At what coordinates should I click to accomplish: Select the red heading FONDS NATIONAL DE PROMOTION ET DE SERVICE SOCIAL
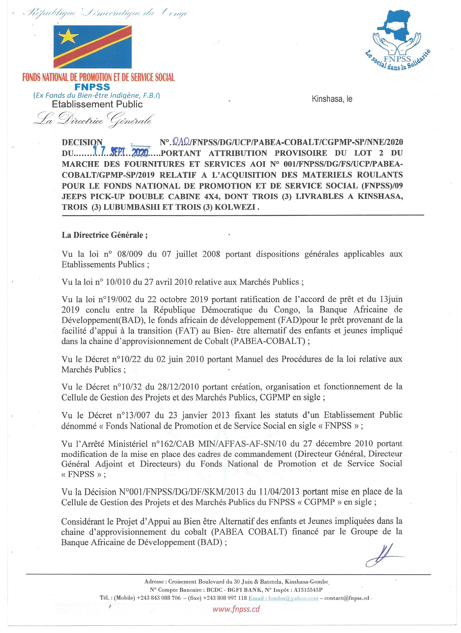tap(98, 77)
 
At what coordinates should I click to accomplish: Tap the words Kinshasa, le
tap(332, 99)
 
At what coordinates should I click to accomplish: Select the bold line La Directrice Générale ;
tap(105, 235)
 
